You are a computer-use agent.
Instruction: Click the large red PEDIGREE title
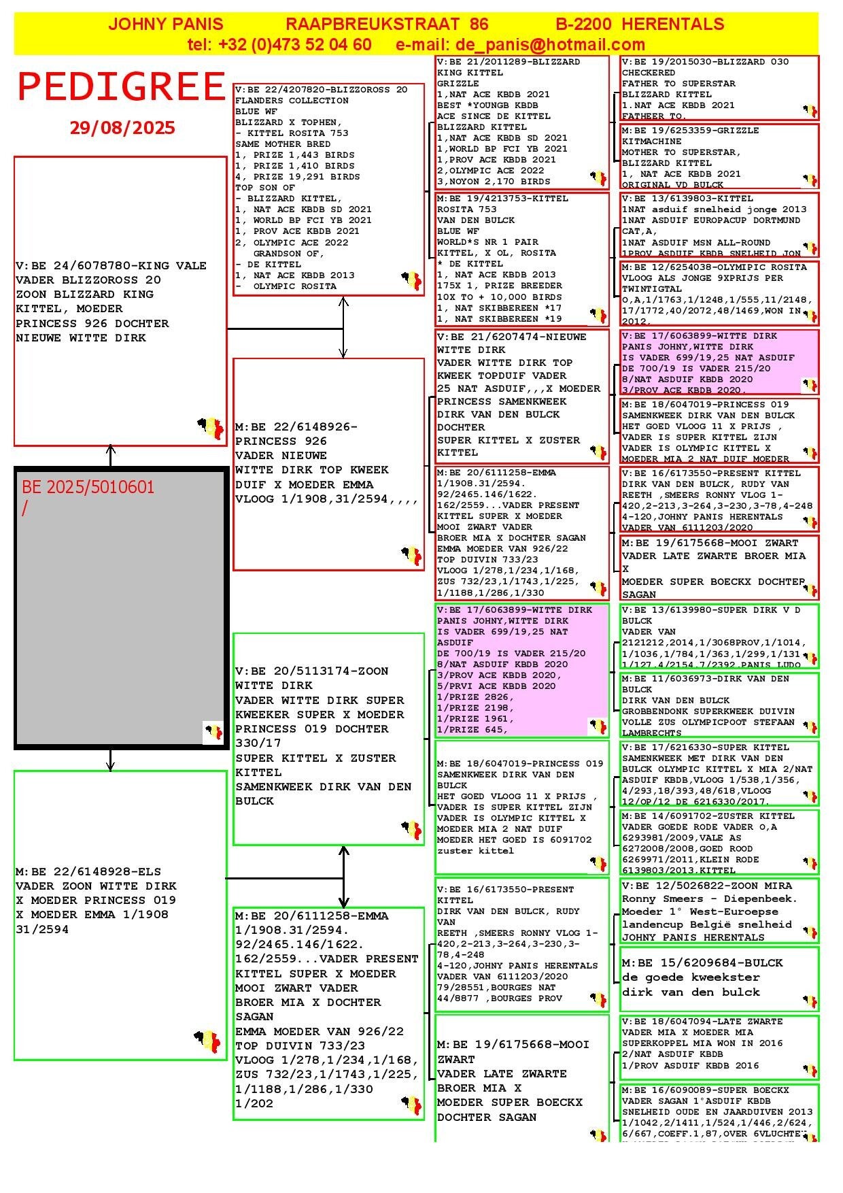coord(121,87)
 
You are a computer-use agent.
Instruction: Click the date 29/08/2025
coord(122,128)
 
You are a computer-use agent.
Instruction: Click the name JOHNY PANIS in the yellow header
coord(166,24)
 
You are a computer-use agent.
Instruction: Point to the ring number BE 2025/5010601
coord(88,488)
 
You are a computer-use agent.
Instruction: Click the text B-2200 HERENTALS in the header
coord(640,24)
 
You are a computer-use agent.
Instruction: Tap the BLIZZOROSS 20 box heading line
coord(322,90)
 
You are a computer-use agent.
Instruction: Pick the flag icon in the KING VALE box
coord(211,428)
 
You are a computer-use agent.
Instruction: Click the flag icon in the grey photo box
coord(213,732)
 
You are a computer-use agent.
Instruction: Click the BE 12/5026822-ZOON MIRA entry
coord(707,886)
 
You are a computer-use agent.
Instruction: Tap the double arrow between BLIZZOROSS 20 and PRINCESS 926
coord(343,327)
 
